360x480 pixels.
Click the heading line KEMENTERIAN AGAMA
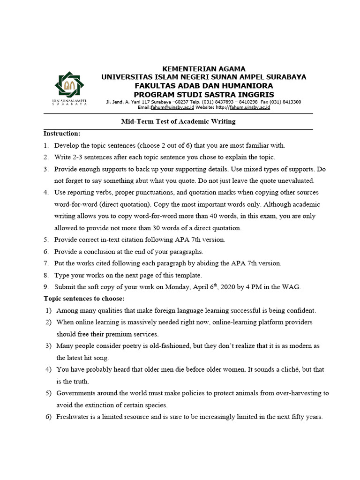[203, 69]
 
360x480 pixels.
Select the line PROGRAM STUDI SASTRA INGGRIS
[203, 94]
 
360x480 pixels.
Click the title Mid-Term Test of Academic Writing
[179, 121]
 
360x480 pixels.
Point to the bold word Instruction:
[62, 134]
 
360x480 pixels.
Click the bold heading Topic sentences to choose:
[84, 299]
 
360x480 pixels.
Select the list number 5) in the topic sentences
[48, 393]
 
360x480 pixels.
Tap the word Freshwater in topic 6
[73, 417]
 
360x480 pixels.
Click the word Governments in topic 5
[76, 393]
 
